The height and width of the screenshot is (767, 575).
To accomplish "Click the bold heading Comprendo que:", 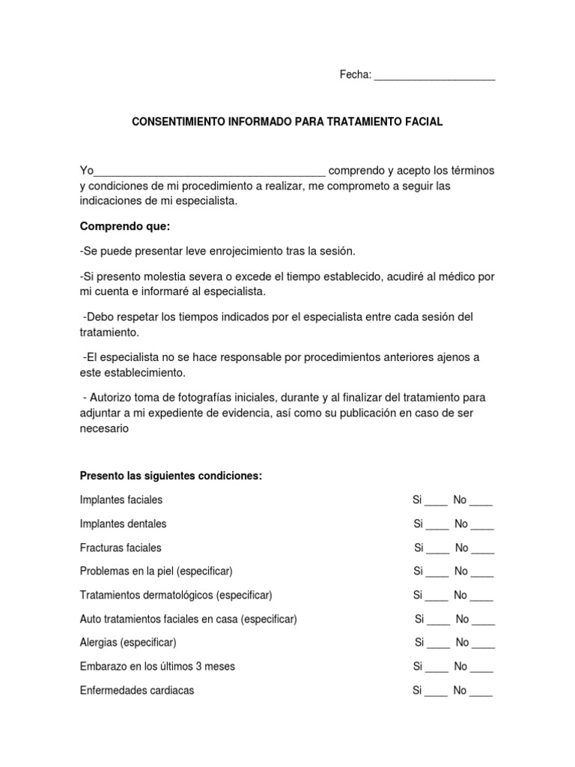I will (115, 226).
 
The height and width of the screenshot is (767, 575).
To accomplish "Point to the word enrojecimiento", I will (234, 249).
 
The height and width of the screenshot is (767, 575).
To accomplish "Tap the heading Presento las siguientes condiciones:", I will (171, 477).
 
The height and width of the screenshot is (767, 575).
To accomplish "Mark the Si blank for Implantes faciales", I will (436, 501).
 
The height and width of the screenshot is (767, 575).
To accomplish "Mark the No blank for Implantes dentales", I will (483, 525).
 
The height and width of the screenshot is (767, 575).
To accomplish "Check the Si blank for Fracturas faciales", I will (438, 549).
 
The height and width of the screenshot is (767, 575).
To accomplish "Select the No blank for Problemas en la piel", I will (483, 573).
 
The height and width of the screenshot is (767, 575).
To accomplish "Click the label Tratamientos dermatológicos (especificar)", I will (175, 595).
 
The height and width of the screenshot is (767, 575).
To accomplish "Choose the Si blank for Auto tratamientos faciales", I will (439, 621).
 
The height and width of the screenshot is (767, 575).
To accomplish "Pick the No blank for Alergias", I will (484, 644).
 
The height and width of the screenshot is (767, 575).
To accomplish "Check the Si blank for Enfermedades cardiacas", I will (436, 692).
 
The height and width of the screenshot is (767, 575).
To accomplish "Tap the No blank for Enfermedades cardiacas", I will (481, 692).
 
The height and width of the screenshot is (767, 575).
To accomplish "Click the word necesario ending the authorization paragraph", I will (105, 429).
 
